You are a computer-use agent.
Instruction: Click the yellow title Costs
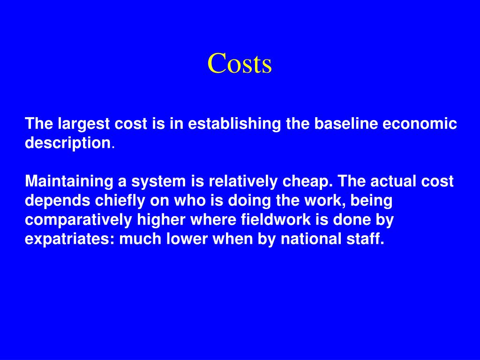(x=240, y=64)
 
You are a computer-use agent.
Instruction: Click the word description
(x=67, y=143)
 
